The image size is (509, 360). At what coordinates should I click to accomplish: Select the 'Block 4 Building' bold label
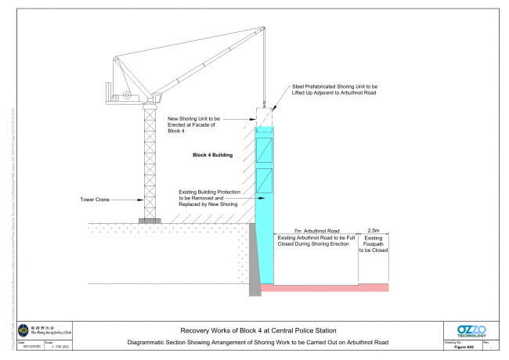(212, 155)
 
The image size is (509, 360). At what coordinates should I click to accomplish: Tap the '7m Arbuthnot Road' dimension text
(316, 232)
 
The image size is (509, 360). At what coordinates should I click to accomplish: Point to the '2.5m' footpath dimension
(373, 232)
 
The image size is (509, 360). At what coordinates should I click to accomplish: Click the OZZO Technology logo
(471, 331)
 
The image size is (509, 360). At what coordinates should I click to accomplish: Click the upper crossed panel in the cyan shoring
(265, 150)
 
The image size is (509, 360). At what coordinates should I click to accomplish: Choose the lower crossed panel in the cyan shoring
(265, 181)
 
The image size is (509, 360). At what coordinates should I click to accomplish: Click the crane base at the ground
(149, 221)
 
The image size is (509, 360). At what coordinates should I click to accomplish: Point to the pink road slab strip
(324, 288)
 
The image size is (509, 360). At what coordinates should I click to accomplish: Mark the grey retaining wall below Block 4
(254, 262)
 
